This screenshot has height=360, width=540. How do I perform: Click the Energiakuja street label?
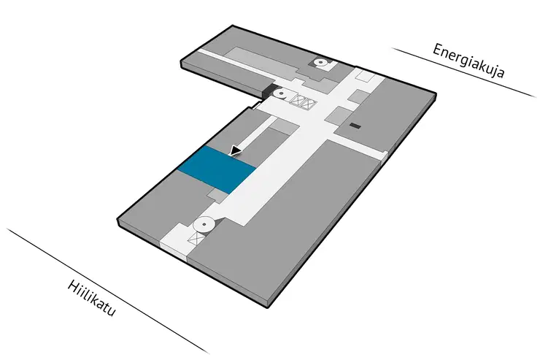point(468,61)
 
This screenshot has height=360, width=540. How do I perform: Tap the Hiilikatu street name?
point(92,299)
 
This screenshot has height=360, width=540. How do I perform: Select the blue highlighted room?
point(217,169)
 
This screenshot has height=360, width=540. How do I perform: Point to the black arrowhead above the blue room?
point(236,151)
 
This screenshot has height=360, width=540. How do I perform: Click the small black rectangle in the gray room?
point(355,126)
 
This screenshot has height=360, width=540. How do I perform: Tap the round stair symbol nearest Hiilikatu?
point(204,225)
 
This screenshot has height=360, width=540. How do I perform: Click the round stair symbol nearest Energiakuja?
point(321,63)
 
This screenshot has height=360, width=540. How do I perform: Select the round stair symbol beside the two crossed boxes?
point(282,93)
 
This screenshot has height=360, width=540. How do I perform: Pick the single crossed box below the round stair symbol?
point(196,238)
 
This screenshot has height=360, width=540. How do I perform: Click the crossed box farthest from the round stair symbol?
point(308,104)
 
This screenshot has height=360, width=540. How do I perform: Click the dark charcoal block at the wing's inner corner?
point(269,91)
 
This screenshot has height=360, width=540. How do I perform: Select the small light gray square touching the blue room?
point(217,195)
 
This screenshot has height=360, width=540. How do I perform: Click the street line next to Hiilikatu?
point(108,291)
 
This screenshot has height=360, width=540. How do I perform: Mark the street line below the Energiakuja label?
point(464,73)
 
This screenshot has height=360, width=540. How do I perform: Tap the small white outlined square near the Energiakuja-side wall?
point(365,75)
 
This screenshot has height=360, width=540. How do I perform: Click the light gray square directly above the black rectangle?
point(358,96)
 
